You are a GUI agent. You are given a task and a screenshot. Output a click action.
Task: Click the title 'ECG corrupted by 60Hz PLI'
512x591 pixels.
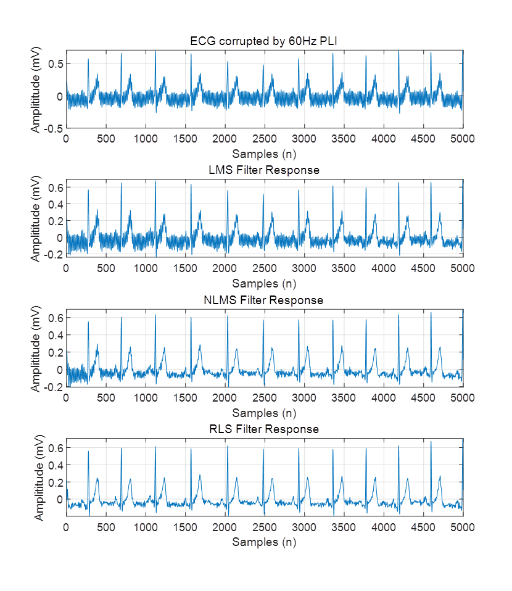264,41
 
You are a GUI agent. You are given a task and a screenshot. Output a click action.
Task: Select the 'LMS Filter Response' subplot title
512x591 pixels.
264,170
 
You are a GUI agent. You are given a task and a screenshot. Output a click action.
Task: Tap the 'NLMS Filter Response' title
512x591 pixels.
264,300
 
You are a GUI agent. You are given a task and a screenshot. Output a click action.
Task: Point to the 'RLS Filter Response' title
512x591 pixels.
264,429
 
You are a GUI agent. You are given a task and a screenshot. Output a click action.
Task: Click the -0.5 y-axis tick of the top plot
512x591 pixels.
54,128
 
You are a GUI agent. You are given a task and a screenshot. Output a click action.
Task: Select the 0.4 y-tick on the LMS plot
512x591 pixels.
57,204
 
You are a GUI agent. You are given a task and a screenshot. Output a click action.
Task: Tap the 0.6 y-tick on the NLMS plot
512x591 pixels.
57,318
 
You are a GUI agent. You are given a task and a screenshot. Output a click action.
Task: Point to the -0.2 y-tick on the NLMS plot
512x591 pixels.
54,387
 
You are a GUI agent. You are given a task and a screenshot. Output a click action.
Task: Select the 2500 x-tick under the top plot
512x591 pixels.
264,139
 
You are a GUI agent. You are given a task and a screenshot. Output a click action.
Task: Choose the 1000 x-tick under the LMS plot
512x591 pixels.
146,269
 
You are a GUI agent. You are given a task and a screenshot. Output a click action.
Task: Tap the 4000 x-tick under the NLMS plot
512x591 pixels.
383,399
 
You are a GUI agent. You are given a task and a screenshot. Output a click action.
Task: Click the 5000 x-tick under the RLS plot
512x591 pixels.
462,528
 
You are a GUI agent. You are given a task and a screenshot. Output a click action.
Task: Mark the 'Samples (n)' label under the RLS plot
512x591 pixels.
264,542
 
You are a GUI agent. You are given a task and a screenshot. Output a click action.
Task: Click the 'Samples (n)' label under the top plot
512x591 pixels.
264,153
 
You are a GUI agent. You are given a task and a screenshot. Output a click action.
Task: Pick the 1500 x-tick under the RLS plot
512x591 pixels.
185,528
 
